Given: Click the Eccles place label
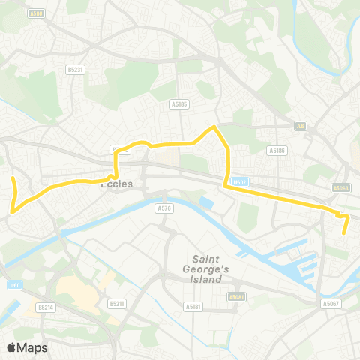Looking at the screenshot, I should click(x=116, y=184).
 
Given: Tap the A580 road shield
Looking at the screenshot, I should click(x=36, y=13).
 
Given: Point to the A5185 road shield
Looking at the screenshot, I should click(x=178, y=104).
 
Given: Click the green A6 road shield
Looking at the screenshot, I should click(x=299, y=126).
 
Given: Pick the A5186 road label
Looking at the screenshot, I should click(x=277, y=150).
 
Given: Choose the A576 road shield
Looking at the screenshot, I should click(x=164, y=208).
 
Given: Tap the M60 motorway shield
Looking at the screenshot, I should click(x=14, y=284).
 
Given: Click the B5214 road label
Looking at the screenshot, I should click(x=46, y=307).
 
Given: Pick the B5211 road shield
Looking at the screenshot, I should click(x=116, y=304).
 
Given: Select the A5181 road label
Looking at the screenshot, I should click(x=193, y=306).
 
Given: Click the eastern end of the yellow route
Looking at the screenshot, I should click(x=343, y=234).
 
